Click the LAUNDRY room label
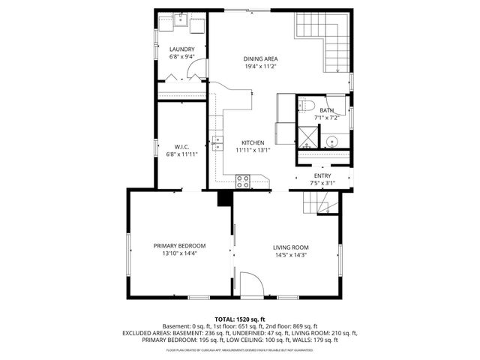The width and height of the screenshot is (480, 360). click(x=181, y=49)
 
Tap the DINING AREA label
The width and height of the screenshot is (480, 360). click(x=261, y=58)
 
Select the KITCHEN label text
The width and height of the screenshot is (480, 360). click(x=252, y=142)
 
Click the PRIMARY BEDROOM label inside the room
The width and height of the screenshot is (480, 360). click(x=179, y=246)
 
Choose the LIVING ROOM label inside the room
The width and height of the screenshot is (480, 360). click(x=290, y=247)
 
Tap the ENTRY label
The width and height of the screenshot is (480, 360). click(x=322, y=175)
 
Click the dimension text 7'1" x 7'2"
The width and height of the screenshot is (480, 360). click(x=327, y=118)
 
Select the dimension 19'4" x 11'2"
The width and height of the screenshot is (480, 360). click(x=261, y=67)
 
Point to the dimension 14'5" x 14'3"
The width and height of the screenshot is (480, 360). click(x=290, y=256)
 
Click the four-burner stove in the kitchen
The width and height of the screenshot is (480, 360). click(x=243, y=181)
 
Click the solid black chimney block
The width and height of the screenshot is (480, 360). click(x=223, y=198)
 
